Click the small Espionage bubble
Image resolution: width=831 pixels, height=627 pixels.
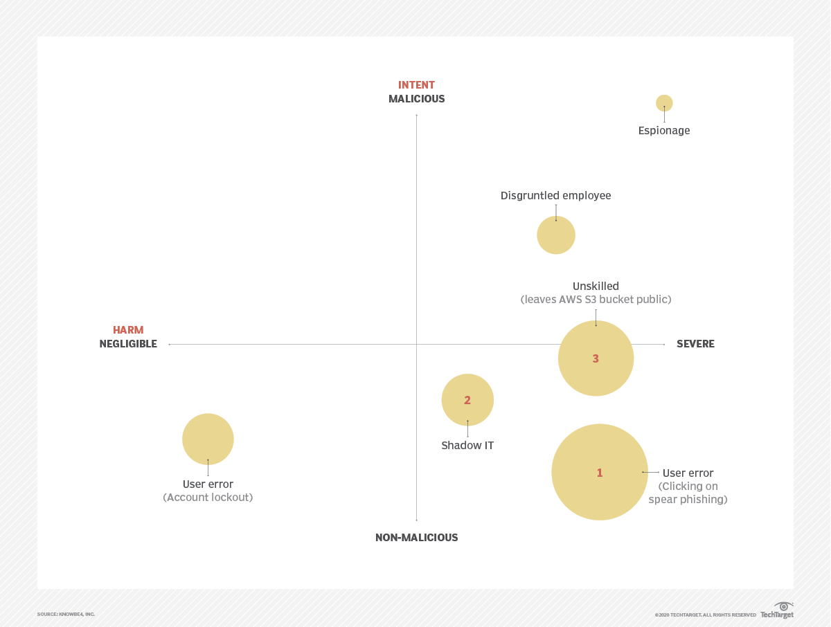(x=664, y=103)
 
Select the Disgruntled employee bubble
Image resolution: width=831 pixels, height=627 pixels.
(x=556, y=235)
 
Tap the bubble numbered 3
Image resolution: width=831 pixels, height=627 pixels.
(x=596, y=358)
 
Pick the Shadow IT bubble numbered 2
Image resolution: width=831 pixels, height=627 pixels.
(x=467, y=400)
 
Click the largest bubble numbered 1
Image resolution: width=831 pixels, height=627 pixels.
(x=600, y=472)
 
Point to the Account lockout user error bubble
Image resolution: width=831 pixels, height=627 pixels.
(x=208, y=439)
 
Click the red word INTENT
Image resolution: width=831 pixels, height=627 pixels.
(x=416, y=85)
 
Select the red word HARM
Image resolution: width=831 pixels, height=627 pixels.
(x=128, y=330)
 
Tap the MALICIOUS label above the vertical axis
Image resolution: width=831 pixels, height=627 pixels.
(x=416, y=99)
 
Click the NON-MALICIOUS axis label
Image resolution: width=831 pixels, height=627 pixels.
(x=416, y=538)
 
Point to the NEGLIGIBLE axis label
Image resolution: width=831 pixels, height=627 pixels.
(x=128, y=344)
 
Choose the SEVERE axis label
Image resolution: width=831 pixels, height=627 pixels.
(x=695, y=344)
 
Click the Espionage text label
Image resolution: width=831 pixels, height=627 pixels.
(x=664, y=131)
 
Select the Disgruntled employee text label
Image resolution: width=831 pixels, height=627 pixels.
(x=555, y=196)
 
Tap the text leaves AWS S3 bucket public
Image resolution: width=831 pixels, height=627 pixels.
(x=596, y=300)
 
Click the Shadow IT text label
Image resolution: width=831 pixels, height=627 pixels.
(x=467, y=446)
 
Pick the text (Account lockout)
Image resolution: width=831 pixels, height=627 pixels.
(x=208, y=498)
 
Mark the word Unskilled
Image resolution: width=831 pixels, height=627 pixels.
(x=596, y=286)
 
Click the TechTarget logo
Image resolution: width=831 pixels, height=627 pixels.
(x=778, y=611)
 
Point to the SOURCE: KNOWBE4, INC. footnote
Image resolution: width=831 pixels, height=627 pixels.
(x=66, y=614)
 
